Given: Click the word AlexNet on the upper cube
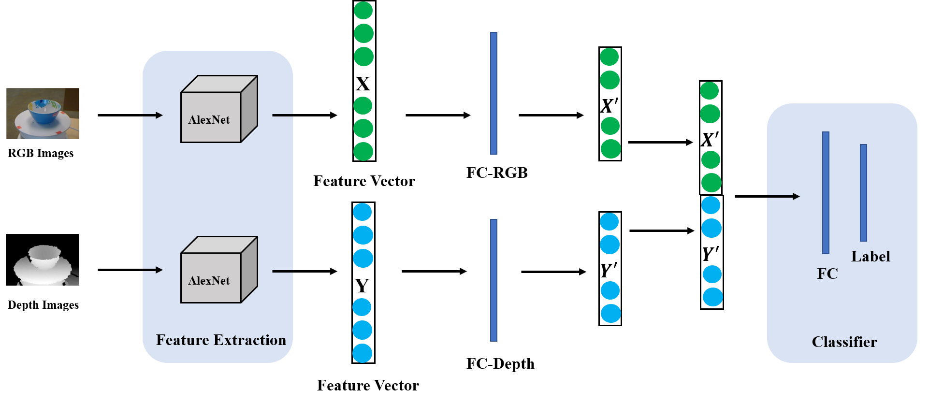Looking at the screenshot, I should click(x=209, y=120).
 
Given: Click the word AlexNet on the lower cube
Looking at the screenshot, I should click(x=209, y=281).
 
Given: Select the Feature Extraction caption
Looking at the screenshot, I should click(x=221, y=340).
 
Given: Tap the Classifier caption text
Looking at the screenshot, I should click(x=844, y=342).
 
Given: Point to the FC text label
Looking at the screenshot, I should click(x=827, y=274).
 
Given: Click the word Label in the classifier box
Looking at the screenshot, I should click(x=870, y=257).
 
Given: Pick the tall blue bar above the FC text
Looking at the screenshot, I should click(x=826, y=192).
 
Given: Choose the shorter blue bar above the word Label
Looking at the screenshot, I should click(x=863, y=192).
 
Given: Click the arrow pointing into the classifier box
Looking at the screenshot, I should click(x=783, y=196).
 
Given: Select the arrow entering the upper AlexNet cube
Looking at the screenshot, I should click(x=153, y=115).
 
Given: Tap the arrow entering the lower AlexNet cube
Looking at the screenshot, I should click(x=153, y=270).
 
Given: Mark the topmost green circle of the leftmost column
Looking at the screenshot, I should click(x=363, y=10).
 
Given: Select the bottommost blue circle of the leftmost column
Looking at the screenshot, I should click(x=362, y=353).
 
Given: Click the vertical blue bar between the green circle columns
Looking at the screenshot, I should click(x=494, y=93).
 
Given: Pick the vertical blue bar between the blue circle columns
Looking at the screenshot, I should click(x=494, y=280).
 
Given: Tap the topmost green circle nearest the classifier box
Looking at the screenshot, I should click(x=709, y=91).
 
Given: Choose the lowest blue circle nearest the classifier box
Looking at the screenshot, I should click(x=712, y=297).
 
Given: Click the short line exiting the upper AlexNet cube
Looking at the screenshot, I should click(x=282, y=115).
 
